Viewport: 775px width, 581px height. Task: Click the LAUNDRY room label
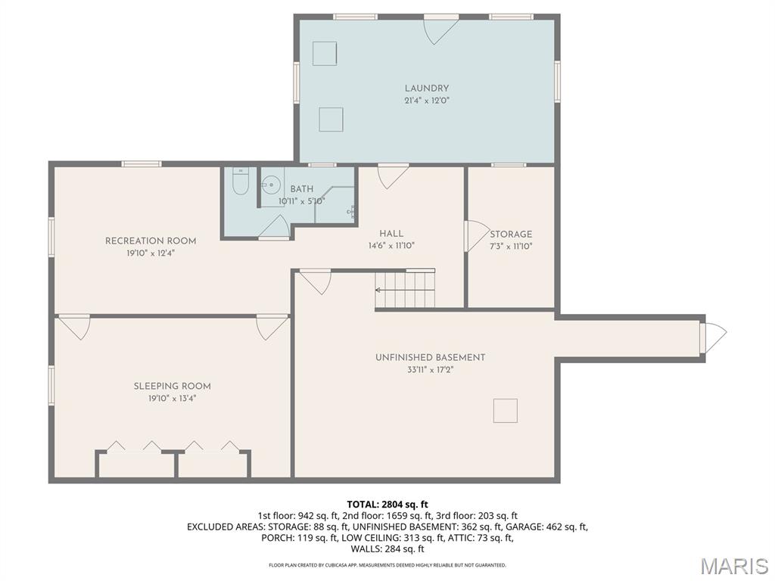point(426,89)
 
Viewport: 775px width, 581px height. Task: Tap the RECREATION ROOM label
point(151,241)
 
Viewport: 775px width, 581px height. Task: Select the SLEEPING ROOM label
point(172,386)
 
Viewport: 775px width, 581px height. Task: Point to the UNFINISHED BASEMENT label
point(430,357)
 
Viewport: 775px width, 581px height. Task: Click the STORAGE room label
point(511,235)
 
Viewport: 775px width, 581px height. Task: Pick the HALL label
point(391,234)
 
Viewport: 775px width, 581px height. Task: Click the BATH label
point(301,189)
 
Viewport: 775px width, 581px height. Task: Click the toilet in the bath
point(240,182)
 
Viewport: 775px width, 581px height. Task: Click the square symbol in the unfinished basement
point(506,410)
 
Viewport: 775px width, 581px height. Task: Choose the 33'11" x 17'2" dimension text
point(430,370)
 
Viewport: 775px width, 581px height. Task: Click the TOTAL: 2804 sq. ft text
point(387,505)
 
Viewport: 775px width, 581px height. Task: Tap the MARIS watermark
point(733,566)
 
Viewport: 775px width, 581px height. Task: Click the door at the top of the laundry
point(440,29)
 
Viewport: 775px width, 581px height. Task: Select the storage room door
point(475,235)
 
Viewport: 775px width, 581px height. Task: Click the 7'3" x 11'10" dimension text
point(511,246)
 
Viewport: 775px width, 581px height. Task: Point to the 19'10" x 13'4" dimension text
point(172,398)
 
